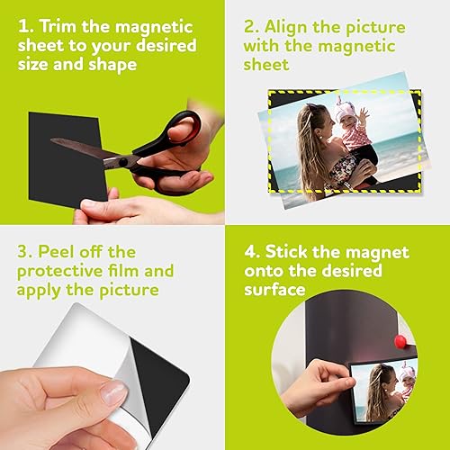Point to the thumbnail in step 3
tap(113, 391)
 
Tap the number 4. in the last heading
tap(256, 250)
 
